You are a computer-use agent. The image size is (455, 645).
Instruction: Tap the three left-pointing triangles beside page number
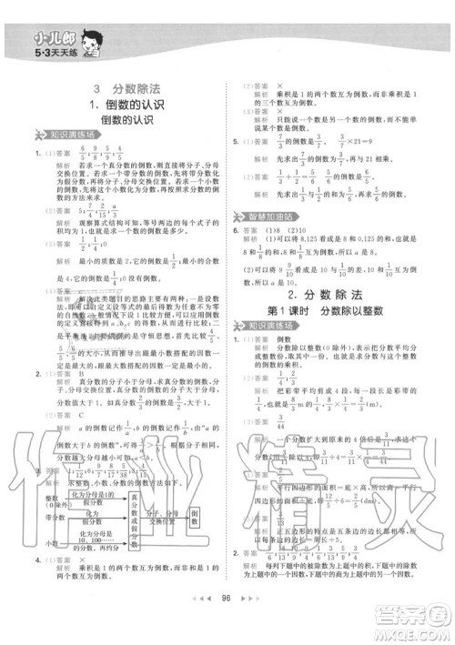click(x=202, y=626)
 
